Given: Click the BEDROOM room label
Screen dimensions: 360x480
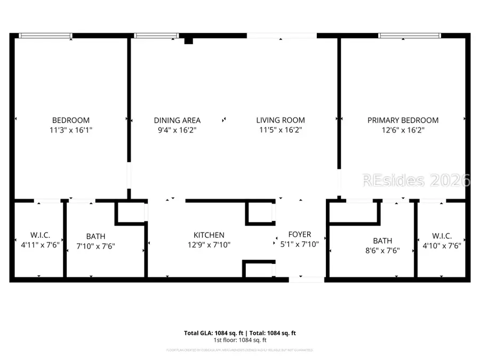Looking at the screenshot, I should pyautogui.click(x=70, y=121).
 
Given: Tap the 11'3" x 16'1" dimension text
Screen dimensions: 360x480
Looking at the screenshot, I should pyautogui.click(x=70, y=130).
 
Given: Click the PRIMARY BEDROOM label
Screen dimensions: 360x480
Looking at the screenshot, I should pyautogui.click(x=403, y=121).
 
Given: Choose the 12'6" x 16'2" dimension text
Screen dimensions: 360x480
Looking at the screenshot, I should pyautogui.click(x=403, y=130).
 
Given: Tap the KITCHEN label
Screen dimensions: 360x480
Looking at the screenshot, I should pyautogui.click(x=209, y=235).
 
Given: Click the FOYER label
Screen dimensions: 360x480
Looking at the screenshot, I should pyautogui.click(x=299, y=235).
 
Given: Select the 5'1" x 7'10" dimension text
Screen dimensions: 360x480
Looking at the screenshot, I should pyautogui.click(x=299, y=244).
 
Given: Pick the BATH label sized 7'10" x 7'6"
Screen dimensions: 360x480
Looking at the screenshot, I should pyautogui.click(x=95, y=236).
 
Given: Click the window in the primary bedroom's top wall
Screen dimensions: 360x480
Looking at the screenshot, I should pyautogui.click(x=410, y=36).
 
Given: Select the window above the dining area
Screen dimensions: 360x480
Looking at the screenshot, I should pyautogui.click(x=155, y=36).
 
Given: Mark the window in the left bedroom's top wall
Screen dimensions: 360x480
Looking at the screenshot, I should pyautogui.click(x=45, y=36).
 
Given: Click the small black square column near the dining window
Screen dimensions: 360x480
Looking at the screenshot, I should pyautogui.click(x=188, y=40).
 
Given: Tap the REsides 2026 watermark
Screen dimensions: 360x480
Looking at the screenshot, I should pyautogui.click(x=416, y=180).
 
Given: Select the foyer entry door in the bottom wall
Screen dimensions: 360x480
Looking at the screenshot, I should pyautogui.click(x=306, y=279).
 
